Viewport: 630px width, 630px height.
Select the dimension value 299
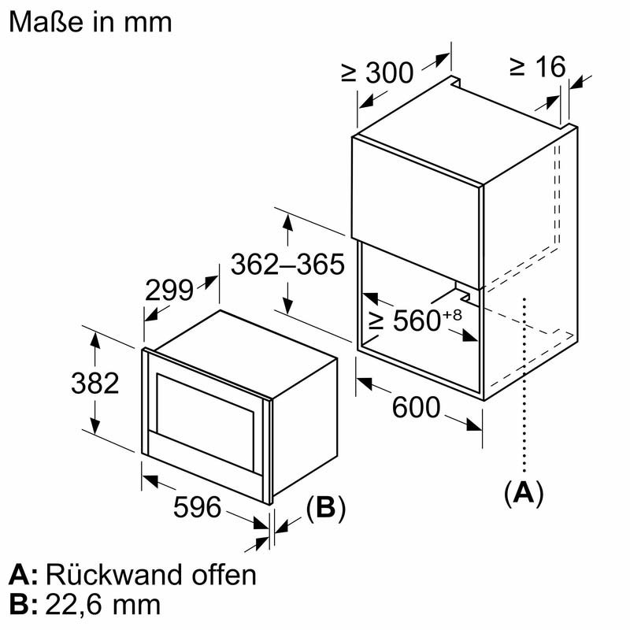(169, 291)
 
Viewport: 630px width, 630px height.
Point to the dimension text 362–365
(287, 265)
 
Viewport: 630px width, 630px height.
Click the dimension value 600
(415, 407)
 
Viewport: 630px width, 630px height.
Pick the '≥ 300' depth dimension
(377, 72)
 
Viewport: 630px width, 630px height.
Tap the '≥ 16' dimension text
(537, 67)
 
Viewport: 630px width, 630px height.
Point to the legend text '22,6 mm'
(103, 604)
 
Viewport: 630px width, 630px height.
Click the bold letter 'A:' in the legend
(24, 574)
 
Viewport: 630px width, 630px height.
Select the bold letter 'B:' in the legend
(24, 604)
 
